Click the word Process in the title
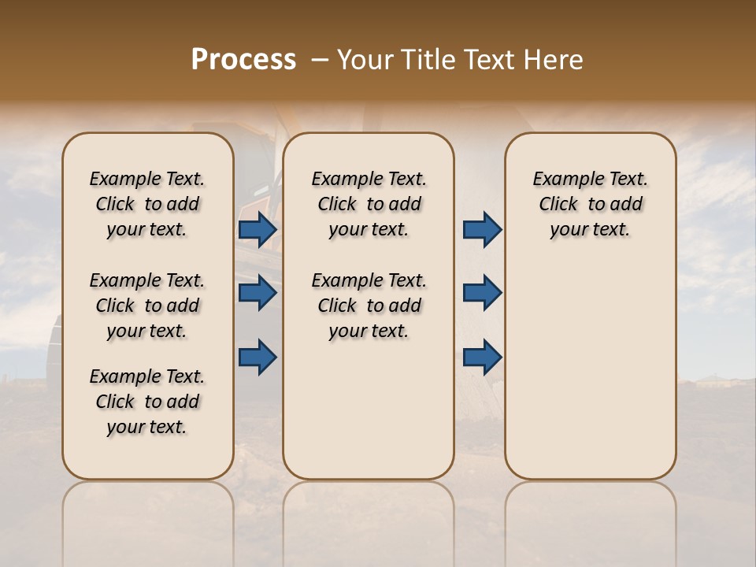point(243,60)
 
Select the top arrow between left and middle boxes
point(258,230)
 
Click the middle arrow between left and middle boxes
point(258,293)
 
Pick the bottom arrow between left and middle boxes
point(258,357)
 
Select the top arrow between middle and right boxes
point(482,230)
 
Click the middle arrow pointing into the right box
point(482,293)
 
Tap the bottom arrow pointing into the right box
point(482,357)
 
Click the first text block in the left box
point(147,204)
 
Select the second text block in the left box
point(147,306)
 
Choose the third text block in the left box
point(147,402)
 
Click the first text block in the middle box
point(369,204)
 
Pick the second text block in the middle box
point(369,306)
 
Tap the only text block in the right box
point(590,204)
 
